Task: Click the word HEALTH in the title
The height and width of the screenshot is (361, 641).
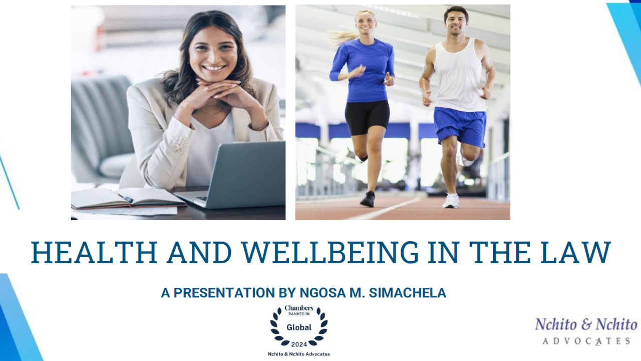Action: (x=94, y=252)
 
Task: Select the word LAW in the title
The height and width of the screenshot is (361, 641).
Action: (x=575, y=252)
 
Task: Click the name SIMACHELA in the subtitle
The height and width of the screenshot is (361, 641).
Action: (x=408, y=293)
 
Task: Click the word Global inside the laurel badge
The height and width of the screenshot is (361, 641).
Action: (x=299, y=327)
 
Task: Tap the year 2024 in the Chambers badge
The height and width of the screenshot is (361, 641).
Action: (x=299, y=344)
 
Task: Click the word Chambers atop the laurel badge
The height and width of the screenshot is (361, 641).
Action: (x=299, y=308)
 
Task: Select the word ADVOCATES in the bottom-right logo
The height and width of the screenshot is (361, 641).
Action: (x=586, y=341)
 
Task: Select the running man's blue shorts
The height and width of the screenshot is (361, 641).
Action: (x=460, y=126)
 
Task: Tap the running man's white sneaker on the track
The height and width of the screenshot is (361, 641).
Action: (x=451, y=201)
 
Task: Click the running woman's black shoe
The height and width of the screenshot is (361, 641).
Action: (x=368, y=199)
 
